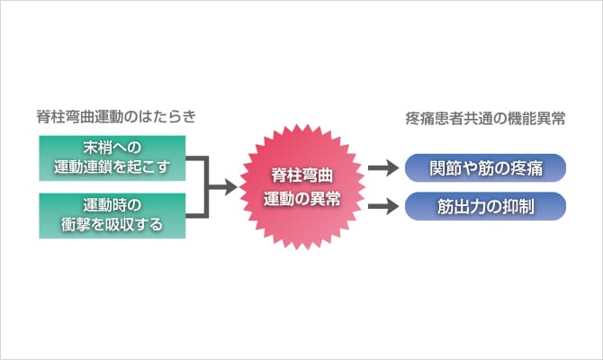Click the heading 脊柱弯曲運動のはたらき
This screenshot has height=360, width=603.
coord(116,116)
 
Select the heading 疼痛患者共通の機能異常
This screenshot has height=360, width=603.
coord(485,119)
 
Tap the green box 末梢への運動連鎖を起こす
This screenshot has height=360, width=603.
coord(112,158)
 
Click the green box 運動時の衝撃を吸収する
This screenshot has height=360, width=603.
coord(112,216)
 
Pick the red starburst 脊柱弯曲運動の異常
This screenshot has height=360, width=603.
coord(301,187)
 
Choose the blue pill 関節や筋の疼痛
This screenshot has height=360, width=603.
coord(485,168)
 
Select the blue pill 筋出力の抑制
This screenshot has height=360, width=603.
coord(485,206)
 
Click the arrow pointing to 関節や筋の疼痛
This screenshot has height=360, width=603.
coord(383,167)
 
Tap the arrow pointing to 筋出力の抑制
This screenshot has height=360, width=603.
coord(383,206)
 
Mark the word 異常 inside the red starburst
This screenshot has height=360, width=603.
coord(326,199)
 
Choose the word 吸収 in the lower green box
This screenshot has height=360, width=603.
coord(120,225)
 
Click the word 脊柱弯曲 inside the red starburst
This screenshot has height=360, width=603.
coord(301,175)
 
